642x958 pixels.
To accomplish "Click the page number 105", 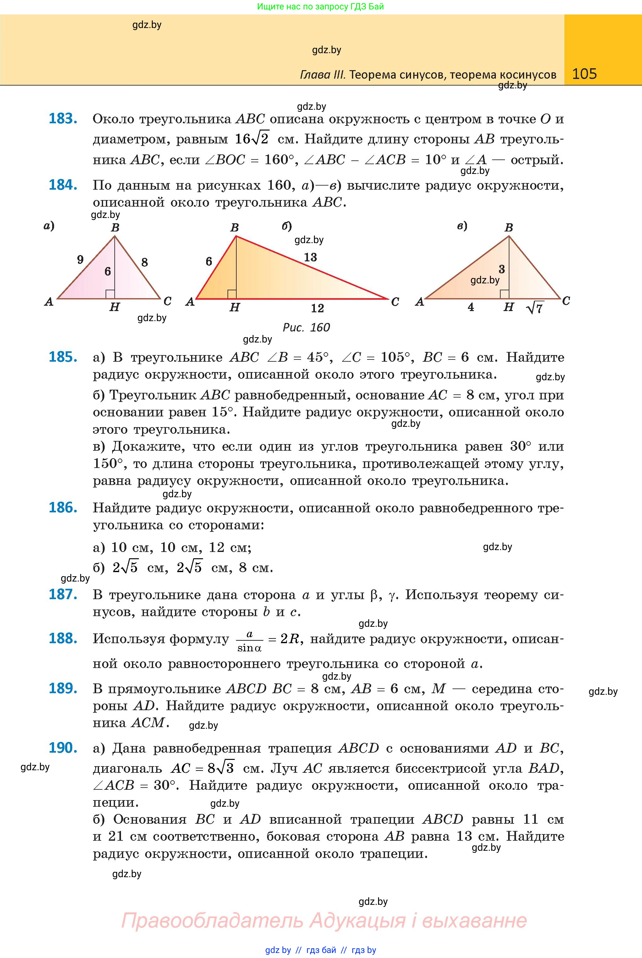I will pos(584,74).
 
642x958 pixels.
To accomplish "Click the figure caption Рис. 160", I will pos(306,327).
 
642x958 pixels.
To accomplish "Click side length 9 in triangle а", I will pos(80,259).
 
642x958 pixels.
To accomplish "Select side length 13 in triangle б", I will pos(310,257).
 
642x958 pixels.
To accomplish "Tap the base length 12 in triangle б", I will pos(317,308).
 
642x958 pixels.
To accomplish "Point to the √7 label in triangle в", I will pos(535,308).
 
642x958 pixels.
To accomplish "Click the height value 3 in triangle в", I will pos(502,269).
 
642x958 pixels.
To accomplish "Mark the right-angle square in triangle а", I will pos(110,294).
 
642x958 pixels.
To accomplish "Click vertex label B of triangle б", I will pos(234,227).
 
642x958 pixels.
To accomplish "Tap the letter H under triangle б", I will pos(234,308).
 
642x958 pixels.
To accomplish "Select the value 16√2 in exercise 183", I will pos(252,139).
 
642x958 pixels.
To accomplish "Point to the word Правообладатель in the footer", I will pos(212,920).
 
